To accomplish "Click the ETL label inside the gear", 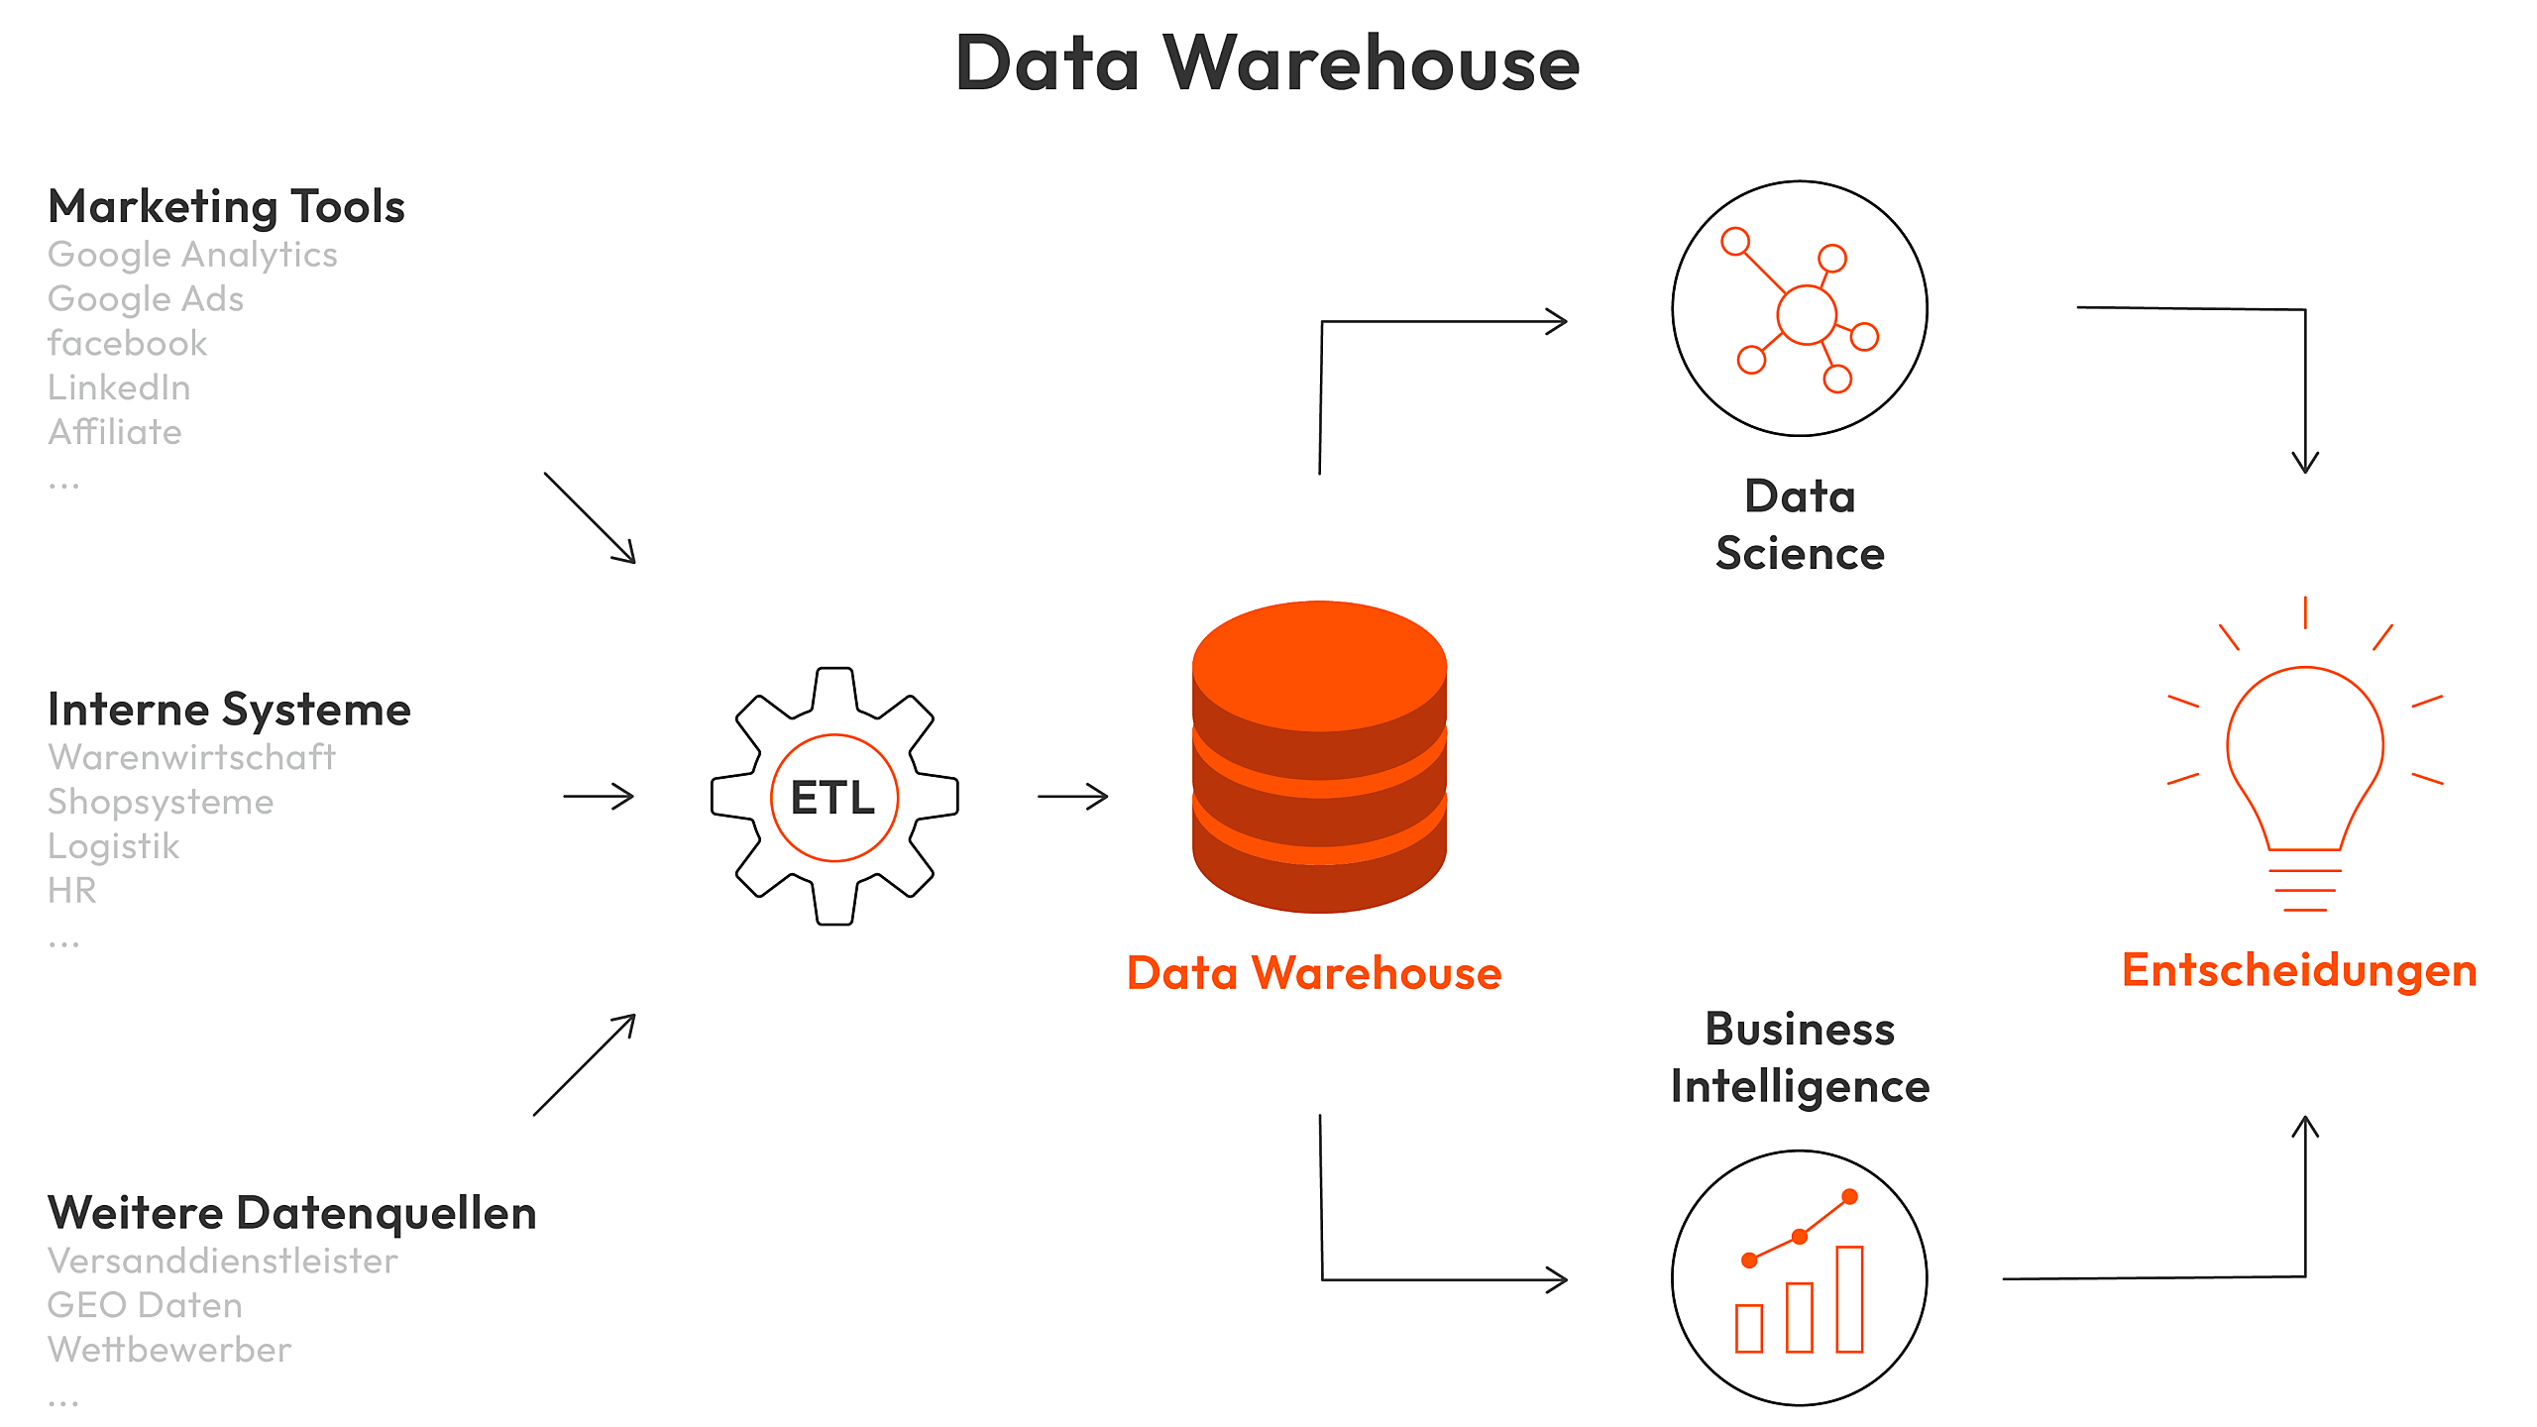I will tap(833, 798).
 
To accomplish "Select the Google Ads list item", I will tap(146, 299).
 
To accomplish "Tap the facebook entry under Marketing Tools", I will tap(128, 344).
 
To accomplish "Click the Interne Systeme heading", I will tap(229, 710).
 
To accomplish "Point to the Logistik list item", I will tap(114, 846).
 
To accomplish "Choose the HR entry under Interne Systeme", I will tap(72, 891).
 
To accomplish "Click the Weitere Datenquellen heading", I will tap(292, 1213).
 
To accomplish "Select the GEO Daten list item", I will tap(145, 1305).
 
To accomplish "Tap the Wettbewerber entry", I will tap(169, 1350).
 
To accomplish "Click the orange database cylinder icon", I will tap(1319, 758).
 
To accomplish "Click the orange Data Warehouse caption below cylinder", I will tap(1314, 973).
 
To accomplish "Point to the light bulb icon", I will tap(2305, 763).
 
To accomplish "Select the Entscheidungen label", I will tap(2299, 970).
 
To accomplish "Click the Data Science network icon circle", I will tap(1800, 308).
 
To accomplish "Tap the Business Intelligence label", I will tap(1800, 1057).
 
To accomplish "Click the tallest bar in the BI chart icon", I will tap(1849, 1298).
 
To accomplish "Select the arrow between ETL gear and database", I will tap(1072, 797).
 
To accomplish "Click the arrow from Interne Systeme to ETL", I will tap(599, 797).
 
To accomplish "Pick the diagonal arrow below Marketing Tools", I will tap(590, 518).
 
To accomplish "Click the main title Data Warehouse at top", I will tap(1268, 63).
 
